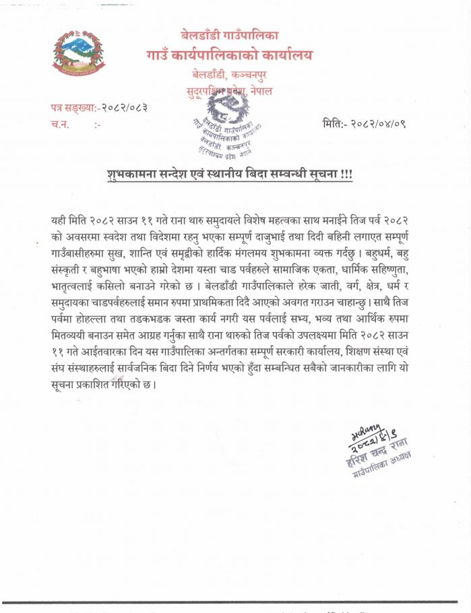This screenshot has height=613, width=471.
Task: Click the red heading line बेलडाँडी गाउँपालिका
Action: coord(230,34)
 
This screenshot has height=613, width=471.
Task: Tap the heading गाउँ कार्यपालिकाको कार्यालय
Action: coord(229,55)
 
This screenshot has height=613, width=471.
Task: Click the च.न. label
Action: coord(59,125)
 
